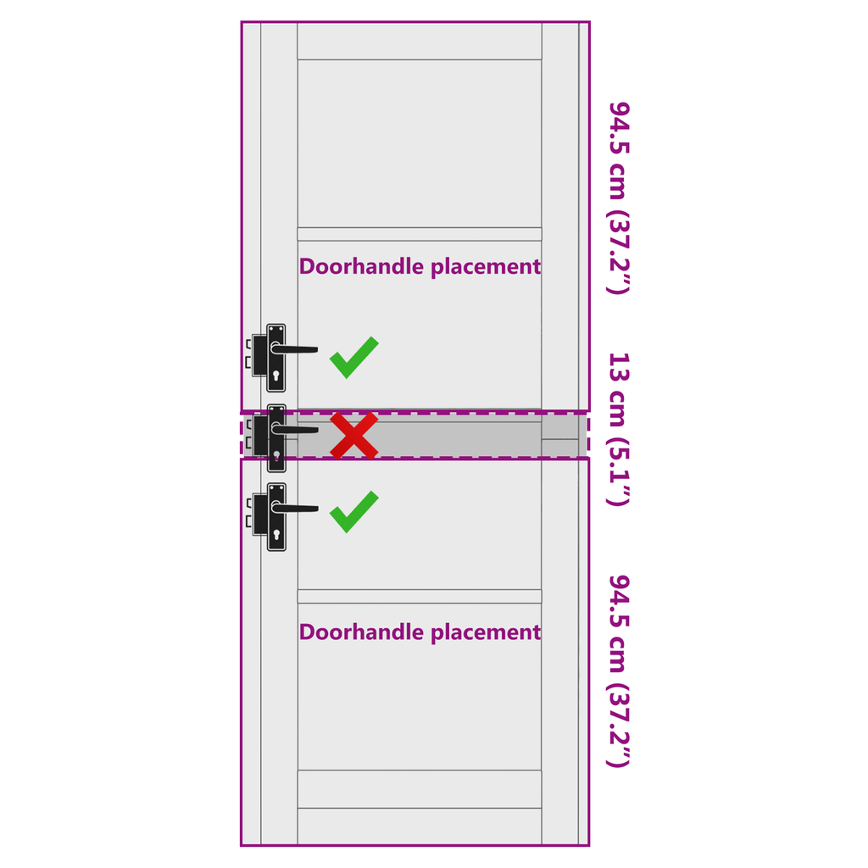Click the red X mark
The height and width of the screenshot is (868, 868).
354,436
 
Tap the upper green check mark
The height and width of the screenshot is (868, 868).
354,358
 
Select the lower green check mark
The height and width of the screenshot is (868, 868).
354,512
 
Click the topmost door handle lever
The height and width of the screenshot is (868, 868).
294,348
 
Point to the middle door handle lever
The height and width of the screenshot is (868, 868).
294,429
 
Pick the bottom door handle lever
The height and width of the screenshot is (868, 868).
294,508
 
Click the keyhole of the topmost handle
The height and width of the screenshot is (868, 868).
276,376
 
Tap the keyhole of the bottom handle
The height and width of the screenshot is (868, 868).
276,535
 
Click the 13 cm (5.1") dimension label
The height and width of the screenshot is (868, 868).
619,429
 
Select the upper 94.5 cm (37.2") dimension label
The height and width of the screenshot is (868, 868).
619,198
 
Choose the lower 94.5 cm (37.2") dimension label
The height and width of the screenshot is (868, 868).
619,671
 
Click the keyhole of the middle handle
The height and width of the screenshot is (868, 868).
276,456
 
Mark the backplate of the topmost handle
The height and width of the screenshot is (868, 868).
276,358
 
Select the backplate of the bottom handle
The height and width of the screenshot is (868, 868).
276,517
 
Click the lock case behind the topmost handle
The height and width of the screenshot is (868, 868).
259,355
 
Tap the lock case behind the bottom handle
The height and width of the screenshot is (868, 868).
259,515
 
